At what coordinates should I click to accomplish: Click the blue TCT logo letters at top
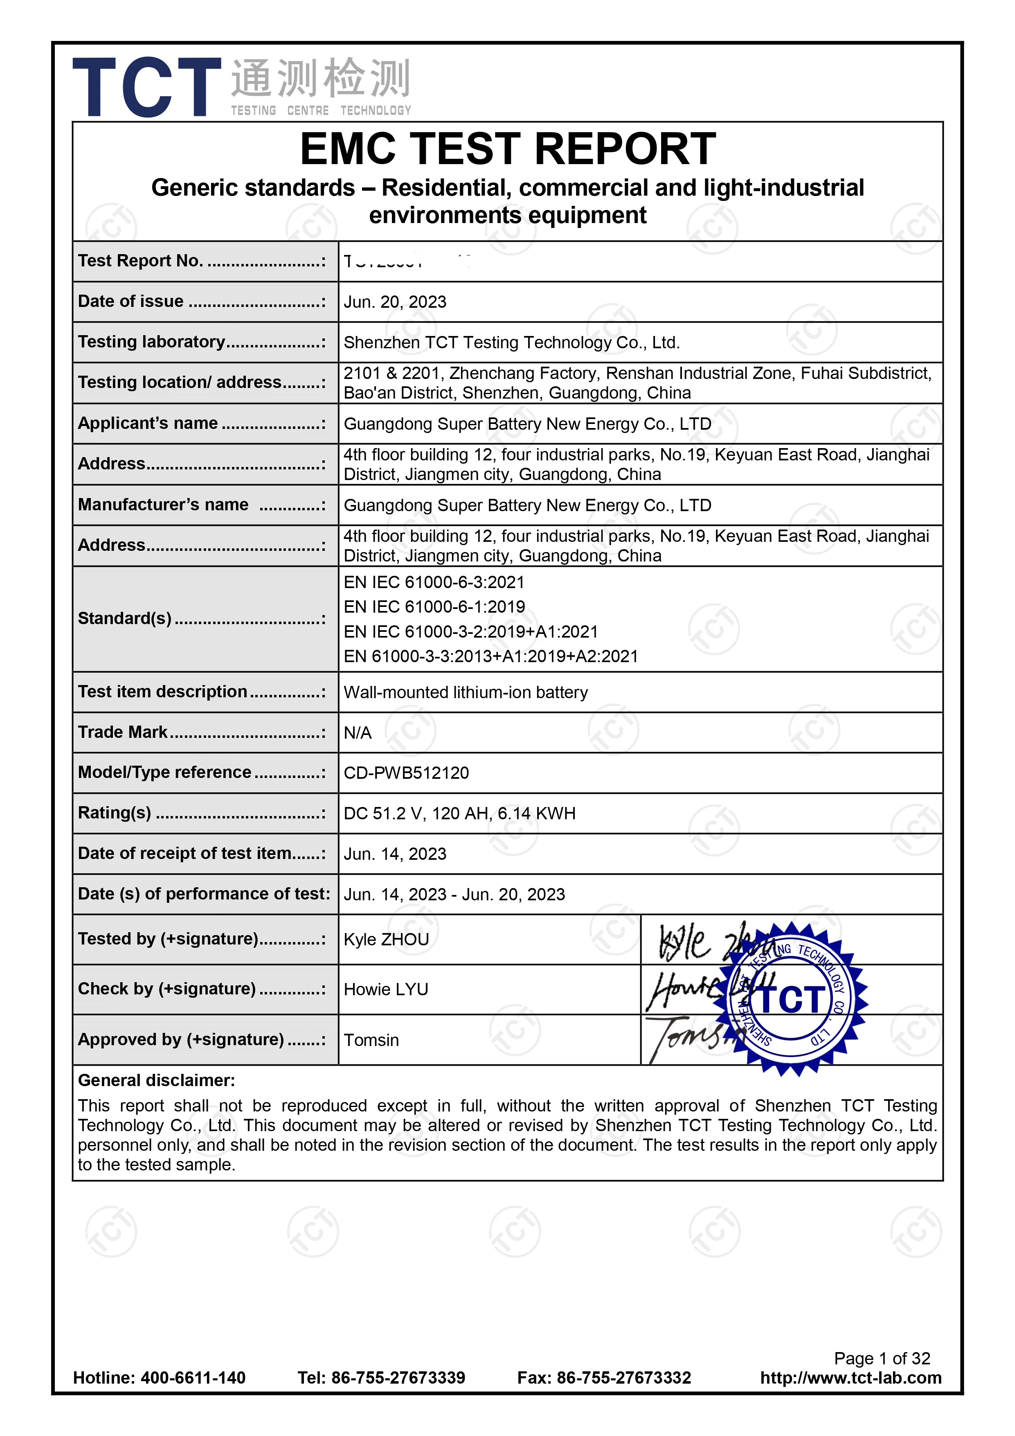(x=147, y=88)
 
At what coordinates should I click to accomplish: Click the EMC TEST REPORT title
(x=507, y=149)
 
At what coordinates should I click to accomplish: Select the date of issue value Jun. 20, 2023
(x=395, y=302)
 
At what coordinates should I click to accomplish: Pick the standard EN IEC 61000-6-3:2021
(x=434, y=582)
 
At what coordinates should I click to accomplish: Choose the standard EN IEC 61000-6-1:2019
(x=434, y=606)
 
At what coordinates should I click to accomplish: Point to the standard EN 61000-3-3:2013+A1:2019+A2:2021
(x=491, y=656)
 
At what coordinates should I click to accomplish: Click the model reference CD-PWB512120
(x=406, y=773)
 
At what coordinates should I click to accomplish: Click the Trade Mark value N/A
(x=357, y=733)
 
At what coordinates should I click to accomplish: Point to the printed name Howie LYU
(x=386, y=990)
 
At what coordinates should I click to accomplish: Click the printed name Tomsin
(x=371, y=1040)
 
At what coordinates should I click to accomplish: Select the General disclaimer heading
(x=156, y=1080)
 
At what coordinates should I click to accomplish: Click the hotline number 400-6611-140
(x=193, y=1377)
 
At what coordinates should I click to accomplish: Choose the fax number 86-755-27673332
(x=623, y=1377)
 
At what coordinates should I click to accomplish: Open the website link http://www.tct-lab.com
(x=851, y=1377)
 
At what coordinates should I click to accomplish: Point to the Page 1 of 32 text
(x=882, y=1358)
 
